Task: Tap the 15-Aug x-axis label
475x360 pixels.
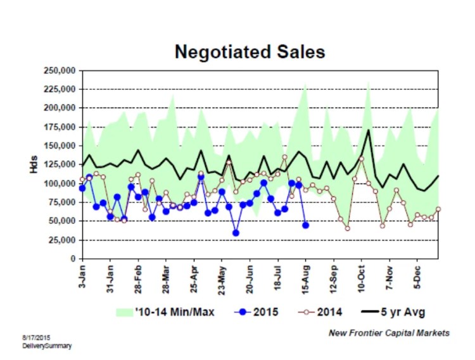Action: tap(306, 278)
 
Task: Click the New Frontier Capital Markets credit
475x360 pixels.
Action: tap(389, 332)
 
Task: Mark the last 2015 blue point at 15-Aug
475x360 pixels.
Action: tap(306, 225)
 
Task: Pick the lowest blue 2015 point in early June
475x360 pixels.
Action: tap(236, 233)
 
